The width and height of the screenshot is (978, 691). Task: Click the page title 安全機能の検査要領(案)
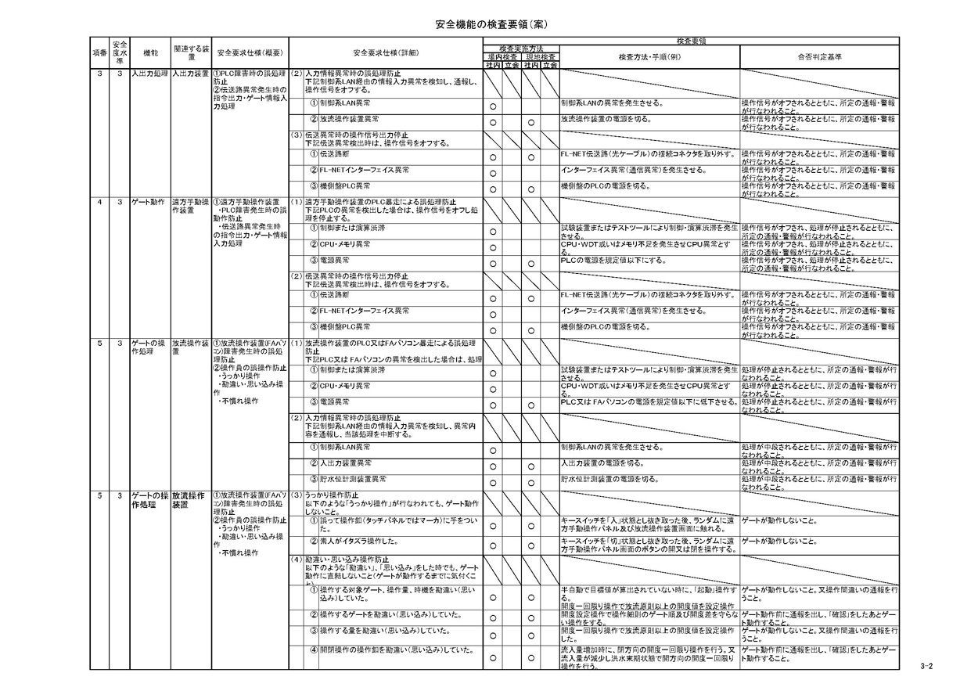coord(490,25)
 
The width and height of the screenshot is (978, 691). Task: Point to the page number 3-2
coord(927,666)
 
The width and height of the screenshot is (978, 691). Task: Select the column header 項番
coord(99,53)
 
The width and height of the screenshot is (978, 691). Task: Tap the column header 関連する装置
coord(190,53)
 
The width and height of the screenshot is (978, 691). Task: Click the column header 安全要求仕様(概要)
coord(250,53)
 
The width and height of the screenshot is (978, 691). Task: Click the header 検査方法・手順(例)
coord(649,57)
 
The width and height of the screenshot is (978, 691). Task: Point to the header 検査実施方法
coord(520,49)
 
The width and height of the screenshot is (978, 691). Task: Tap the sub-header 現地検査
coord(541,57)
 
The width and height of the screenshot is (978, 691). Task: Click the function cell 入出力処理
coord(149,74)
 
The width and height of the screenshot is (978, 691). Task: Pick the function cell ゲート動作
coord(147,202)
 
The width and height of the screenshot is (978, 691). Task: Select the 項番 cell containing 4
coord(99,202)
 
